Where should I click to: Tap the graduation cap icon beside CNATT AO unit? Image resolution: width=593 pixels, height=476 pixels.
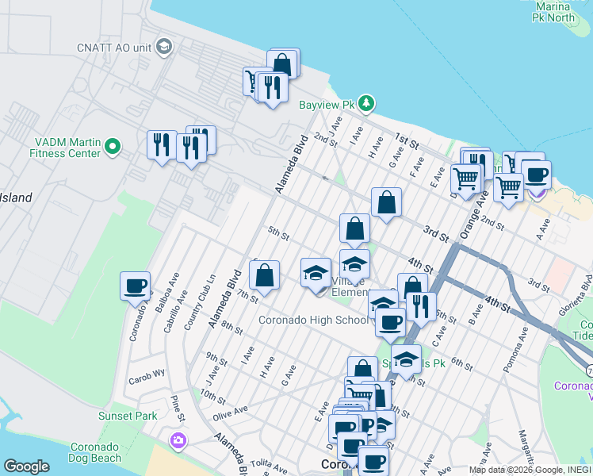click(165, 45)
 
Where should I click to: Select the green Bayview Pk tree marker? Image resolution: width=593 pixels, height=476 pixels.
click(365, 102)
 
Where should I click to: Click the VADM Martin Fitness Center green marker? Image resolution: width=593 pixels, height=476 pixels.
click(113, 146)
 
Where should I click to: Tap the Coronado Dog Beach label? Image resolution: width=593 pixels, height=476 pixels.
click(95, 451)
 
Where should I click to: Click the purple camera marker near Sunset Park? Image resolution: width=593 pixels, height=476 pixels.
click(178, 439)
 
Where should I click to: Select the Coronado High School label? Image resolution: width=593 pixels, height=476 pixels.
click(315, 320)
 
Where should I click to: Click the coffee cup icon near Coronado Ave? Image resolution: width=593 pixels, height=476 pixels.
click(135, 286)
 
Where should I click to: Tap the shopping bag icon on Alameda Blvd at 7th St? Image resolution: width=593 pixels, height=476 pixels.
click(265, 274)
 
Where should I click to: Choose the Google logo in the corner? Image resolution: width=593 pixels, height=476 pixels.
click(26, 466)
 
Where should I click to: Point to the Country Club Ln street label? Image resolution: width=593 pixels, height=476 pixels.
click(200, 292)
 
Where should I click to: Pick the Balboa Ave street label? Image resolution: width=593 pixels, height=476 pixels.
click(171, 291)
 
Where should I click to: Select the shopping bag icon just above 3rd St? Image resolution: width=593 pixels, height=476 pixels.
click(386, 202)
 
